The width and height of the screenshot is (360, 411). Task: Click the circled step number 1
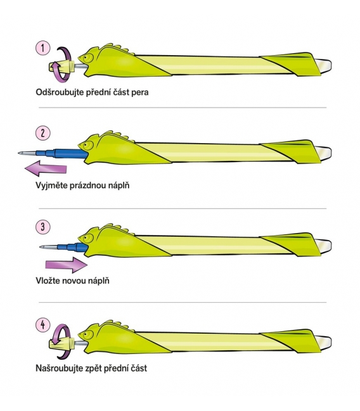(x=42, y=48)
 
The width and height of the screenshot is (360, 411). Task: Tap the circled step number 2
(x=42, y=133)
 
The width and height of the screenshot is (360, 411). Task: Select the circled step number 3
(x=42, y=227)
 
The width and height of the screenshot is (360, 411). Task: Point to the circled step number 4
(x=42, y=325)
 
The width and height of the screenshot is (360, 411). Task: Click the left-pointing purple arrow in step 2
(x=46, y=168)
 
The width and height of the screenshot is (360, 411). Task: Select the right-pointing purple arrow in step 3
(x=67, y=265)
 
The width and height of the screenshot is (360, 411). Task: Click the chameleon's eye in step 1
(x=89, y=57)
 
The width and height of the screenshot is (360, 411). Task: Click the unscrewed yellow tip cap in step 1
(x=60, y=66)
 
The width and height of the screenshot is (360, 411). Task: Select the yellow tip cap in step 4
(x=61, y=343)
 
